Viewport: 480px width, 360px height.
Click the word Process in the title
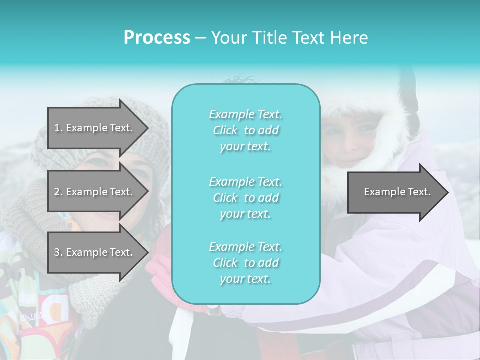pyautogui.click(x=157, y=38)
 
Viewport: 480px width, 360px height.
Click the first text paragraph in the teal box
pyautogui.click(x=245, y=130)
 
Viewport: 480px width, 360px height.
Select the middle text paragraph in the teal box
pyautogui.click(x=245, y=198)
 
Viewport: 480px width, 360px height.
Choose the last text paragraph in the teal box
pyautogui.click(x=245, y=263)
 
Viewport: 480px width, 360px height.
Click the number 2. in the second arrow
pyautogui.click(x=58, y=192)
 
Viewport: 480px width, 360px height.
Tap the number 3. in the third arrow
pyautogui.click(x=58, y=252)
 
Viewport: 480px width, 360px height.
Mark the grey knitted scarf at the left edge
pyautogui.click(x=20, y=210)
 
